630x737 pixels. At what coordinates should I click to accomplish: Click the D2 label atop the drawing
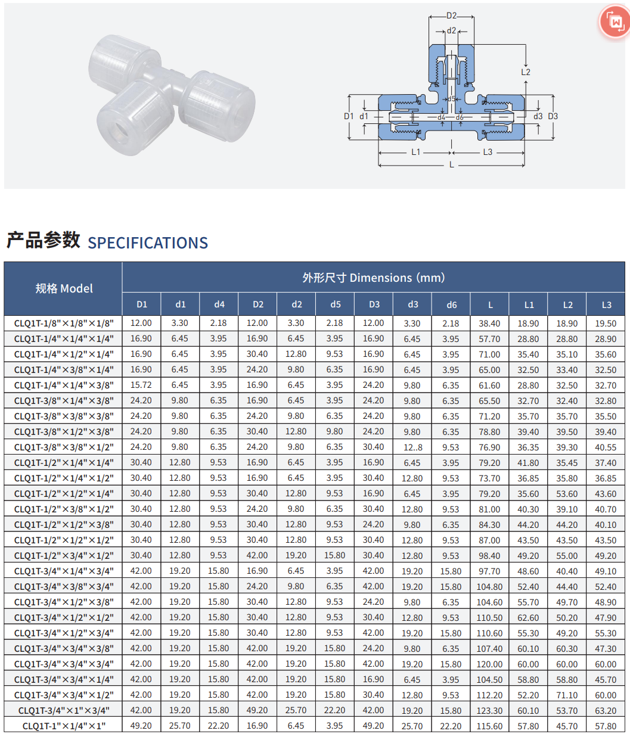click(451, 15)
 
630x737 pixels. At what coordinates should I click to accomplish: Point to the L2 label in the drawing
click(526, 72)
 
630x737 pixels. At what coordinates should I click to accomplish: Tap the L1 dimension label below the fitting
click(415, 153)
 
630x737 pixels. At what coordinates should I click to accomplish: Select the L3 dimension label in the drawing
click(488, 153)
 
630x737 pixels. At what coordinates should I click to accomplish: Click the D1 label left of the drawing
click(349, 116)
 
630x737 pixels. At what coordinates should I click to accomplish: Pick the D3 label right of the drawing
click(553, 116)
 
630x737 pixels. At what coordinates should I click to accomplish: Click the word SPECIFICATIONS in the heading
click(148, 243)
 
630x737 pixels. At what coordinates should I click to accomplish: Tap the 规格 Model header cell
click(64, 288)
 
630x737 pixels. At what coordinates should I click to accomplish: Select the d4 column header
click(219, 304)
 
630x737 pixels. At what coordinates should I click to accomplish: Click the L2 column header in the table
click(567, 305)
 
